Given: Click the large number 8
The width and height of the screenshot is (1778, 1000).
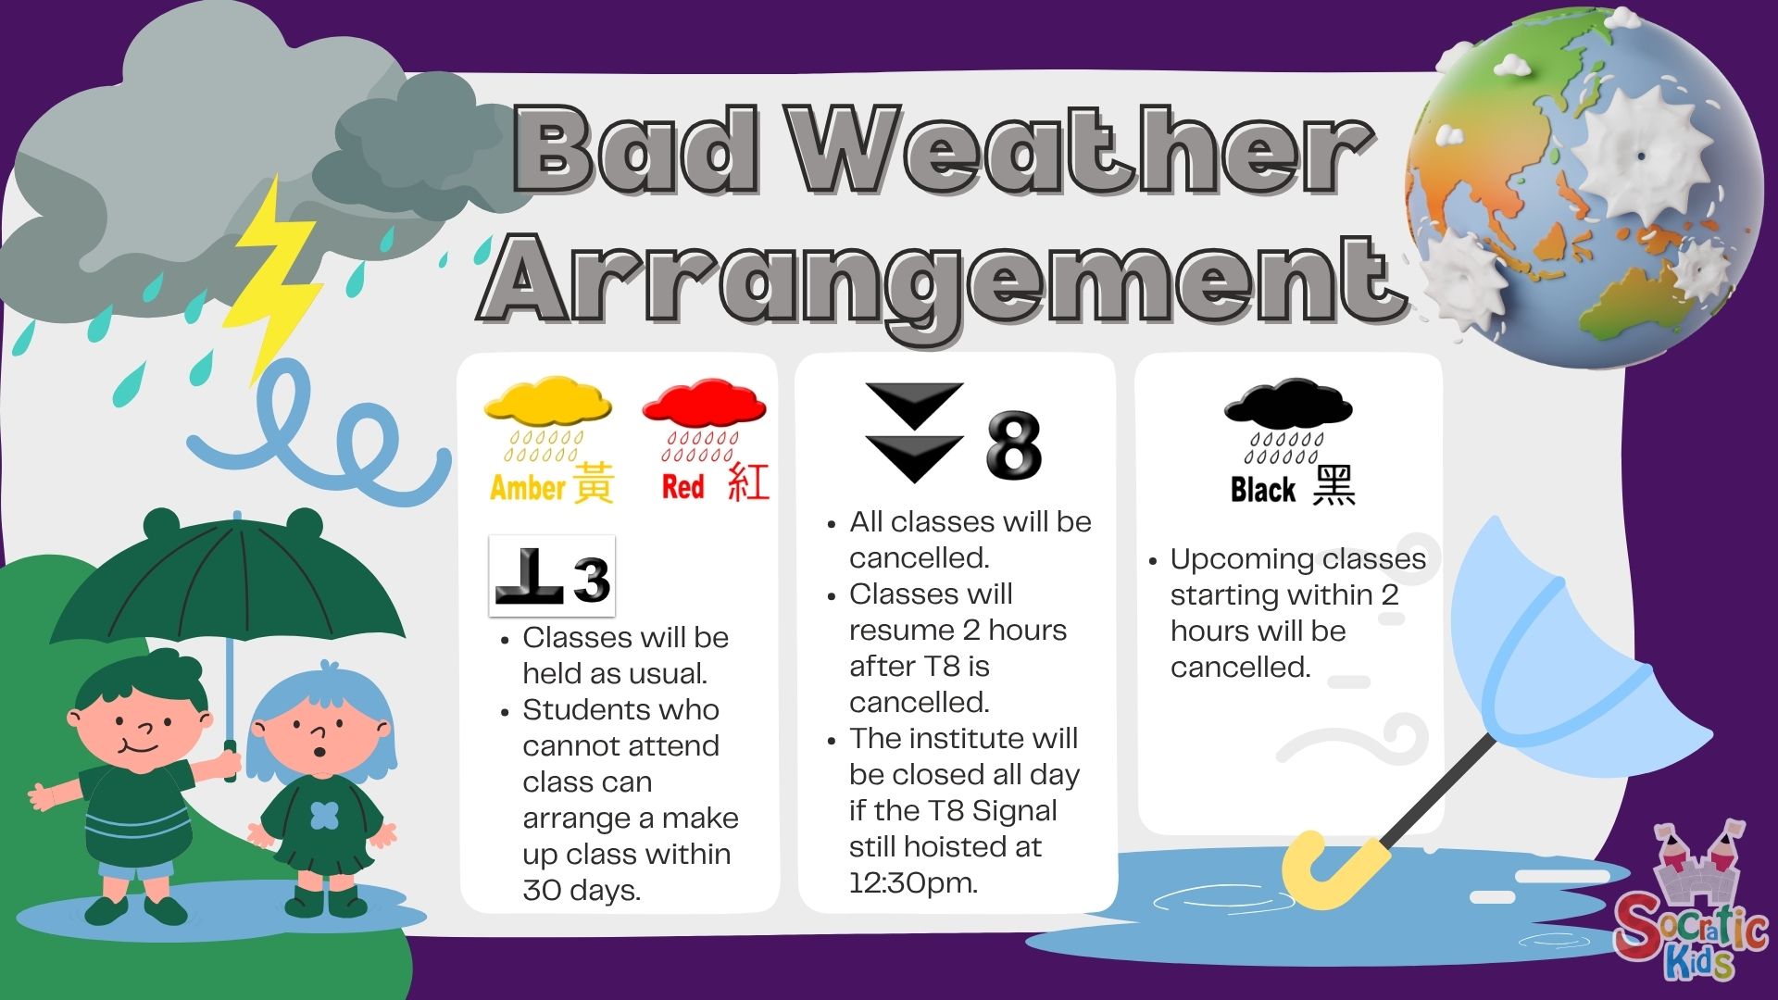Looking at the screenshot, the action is coord(1014,445).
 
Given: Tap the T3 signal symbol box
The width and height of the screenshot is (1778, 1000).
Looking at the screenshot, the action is coord(552,576).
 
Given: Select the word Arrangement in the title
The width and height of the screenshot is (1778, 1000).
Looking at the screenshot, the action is coord(945,278).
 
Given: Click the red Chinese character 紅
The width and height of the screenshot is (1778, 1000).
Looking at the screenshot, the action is coord(748,482).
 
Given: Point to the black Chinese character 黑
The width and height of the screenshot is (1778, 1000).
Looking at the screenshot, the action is coord(1334,485).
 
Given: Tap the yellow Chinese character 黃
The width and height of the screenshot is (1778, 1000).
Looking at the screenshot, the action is coord(593,482).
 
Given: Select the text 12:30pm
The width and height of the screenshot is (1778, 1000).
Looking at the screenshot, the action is coord(913,883).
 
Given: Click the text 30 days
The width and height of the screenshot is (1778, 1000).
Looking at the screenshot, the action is coord(582,891).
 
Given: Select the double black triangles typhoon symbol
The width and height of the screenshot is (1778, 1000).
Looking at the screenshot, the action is coord(914,432).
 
